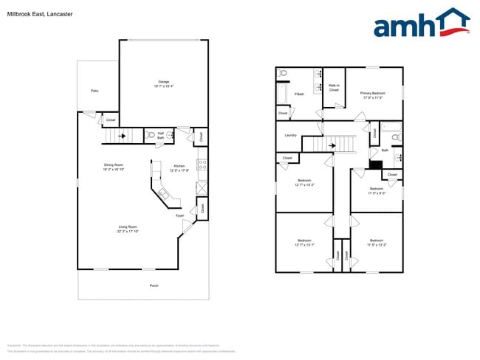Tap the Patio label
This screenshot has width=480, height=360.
pyautogui.click(x=95, y=91)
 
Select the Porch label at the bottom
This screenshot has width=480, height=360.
pyautogui.click(x=154, y=285)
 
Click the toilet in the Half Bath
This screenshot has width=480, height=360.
pyautogui.click(x=150, y=136)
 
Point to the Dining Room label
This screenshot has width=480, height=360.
pyautogui.click(x=113, y=165)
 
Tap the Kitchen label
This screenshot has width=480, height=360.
pyautogui.click(x=179, y=166)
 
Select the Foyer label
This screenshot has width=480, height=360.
pyautogui.click(x=179, y=215)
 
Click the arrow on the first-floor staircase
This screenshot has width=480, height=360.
pyautogui.click(x=123, y=136)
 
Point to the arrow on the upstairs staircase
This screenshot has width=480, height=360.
pyautogui.click(x=333, y=146)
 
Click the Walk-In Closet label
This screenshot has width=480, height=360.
pyautogui.click(x=334, y=87)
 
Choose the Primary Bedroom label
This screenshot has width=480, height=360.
pyautogui.click(x=374, y=93)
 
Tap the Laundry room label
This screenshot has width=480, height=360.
pyautogui.click(x=290, y=135)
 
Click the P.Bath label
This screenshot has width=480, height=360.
pyautogui.click(x=299, y=94)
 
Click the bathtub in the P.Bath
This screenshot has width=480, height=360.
pyautogui.click(x=281, y=94)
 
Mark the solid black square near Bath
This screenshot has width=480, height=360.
pyautogui.click(x=376, y=165)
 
